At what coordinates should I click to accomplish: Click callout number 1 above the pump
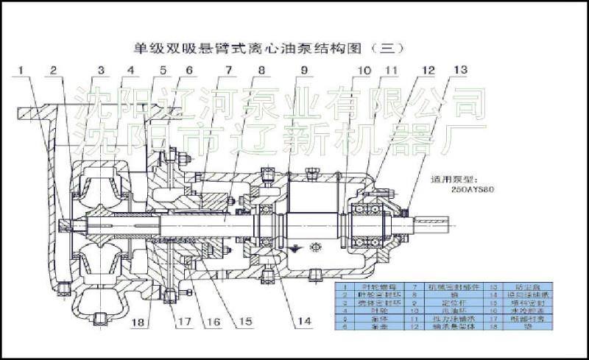point(21,71)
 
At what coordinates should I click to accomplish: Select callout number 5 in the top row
point(161,71)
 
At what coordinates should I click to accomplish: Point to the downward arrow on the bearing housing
point(294,250)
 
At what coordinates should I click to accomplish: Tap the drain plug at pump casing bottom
point(102,318)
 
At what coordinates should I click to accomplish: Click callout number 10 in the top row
point(362,71)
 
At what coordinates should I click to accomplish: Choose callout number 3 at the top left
point(100,71)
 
